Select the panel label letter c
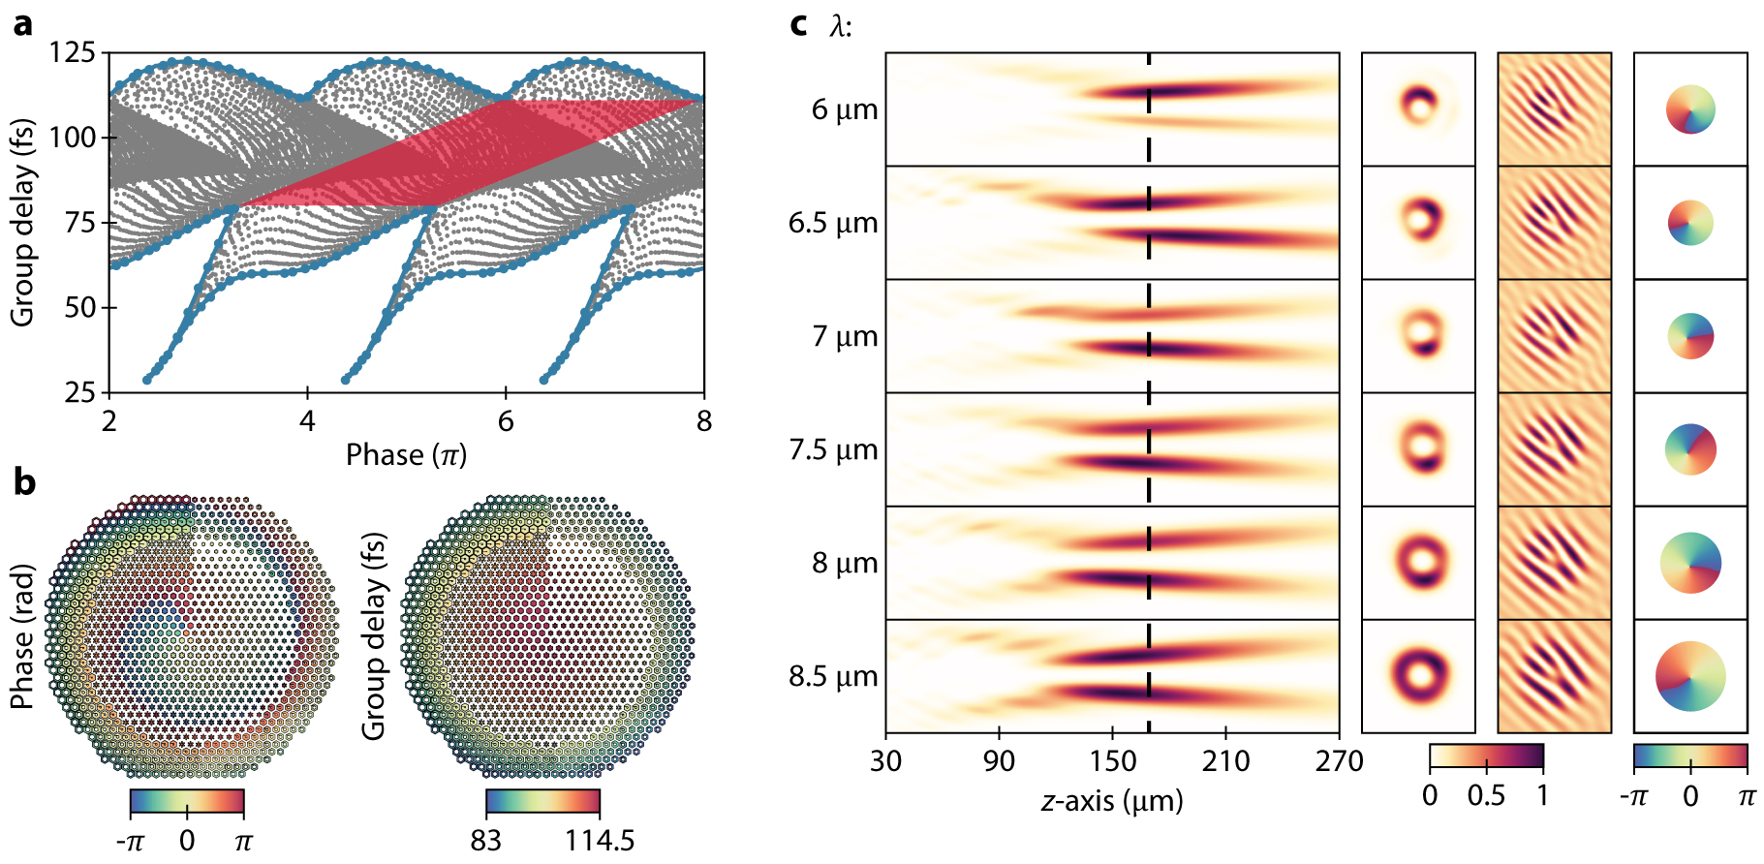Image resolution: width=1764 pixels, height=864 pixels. pyautogui.click(x=798, y=23)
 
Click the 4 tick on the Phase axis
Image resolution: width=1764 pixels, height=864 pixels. pyautogui.click(x=307, y=420)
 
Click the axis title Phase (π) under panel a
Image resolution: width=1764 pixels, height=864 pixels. pyautogui.click(x=406, y=454)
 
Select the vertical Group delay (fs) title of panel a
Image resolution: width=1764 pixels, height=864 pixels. pyautogui.click(x=23, y=222)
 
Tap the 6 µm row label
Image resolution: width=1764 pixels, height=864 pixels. pyautogui.click(x=845, y=109)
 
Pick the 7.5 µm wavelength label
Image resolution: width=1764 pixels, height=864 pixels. pyautogui.click(x=833, y=449)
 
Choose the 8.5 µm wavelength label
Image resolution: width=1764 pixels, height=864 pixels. pyautogui.click(x=833, y=676)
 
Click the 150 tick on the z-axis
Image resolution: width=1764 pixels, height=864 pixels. pyautogui.click(x=1112, y=761)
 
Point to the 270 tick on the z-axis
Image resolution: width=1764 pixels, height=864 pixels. pyautogui.click(x=1340, y=761)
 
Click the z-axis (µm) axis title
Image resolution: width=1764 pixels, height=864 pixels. pyautogui.click(x=1112, y=801)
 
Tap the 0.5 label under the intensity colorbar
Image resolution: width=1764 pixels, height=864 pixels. pyautogui.click(x=1486, y=796)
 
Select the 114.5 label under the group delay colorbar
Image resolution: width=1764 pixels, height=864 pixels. pyautogui.click(x=600, y=839)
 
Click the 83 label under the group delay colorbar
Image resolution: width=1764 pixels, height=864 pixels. pyautogui.click(x=486, y=839)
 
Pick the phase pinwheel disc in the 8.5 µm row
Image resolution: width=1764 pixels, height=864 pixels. pyautogui.click(x=1690, y=676)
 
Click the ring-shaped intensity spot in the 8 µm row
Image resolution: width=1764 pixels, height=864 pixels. pyautogui.click(x=1419, y=562)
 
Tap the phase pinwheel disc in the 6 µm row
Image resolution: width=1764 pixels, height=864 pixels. pyautogui.click(x=1690, y=109)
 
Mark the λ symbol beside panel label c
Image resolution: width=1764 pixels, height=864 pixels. pyautogui.click(x=839, y=25)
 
